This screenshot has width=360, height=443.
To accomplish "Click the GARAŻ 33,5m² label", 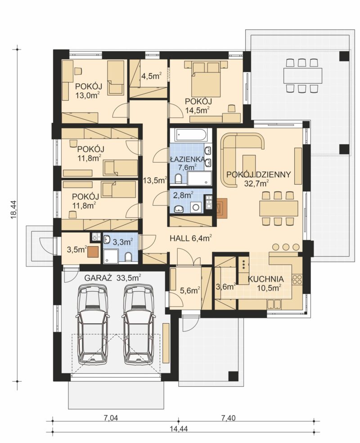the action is click(112, 278).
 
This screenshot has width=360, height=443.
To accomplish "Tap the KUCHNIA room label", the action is click(265, 279).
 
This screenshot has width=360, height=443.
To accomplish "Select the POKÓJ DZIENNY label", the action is click(258, 175).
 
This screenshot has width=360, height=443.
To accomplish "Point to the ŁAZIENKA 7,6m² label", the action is click(187, 163).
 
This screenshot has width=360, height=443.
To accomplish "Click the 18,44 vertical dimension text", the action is click(13, 209).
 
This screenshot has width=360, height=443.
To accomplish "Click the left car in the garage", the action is click(92, 324).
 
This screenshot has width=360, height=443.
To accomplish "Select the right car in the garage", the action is click(139, 324).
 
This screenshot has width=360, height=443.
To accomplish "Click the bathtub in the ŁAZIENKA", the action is click(191, 135).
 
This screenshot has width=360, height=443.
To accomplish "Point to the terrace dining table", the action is click(303, 75).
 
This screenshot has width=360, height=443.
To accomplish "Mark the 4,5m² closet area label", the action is click(151, 76).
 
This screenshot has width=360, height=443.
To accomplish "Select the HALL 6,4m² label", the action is click(191, 239).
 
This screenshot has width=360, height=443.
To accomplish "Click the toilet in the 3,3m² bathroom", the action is click(128, 257).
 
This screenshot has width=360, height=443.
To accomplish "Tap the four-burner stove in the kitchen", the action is click(297, 280).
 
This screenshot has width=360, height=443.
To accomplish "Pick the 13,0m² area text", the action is click(87, 95).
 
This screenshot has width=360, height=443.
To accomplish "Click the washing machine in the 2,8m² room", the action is click(195, 207).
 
